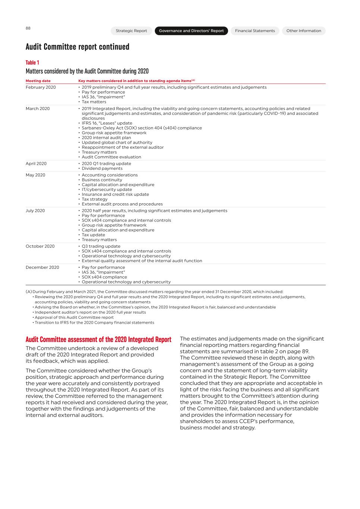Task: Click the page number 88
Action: [x=28, y=28]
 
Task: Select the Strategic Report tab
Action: [x=131, y=31]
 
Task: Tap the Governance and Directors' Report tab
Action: [x=191, y=31]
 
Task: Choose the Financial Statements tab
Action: [x=255, y=31]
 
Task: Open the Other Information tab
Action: [x=304, y=31]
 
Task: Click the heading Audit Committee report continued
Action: [x=78, y=47]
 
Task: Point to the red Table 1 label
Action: [x=32, y=63]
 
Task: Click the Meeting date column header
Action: [x=38, y=81]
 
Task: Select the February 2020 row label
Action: [x=41, y=87]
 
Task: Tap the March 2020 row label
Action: [x=38, y=109]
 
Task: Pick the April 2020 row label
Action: [x=36, y=164]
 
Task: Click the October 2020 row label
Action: [x=40, y=246]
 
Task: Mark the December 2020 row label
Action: [x=42, y=267]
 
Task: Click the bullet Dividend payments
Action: [x=102, y=169]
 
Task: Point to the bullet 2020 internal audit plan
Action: [x=106, y=138]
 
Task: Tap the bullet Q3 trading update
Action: [x=101, y=246]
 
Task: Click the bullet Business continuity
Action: [x=102, y=180]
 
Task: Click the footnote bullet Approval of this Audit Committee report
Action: [x=74, y=317]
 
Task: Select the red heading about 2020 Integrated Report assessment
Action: [x=98, y=340]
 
